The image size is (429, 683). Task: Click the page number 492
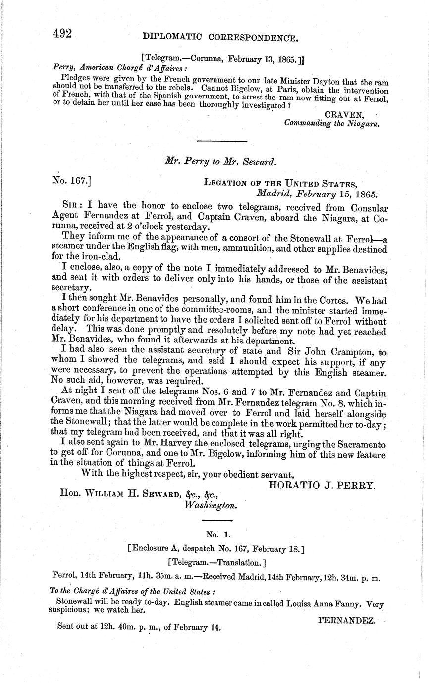click(x=63, y=33)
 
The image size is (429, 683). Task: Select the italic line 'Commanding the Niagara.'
click(x=332, y=124)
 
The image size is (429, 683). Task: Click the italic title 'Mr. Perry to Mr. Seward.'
click(x=220, y=161)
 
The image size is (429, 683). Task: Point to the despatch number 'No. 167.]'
click(x=71, y=181)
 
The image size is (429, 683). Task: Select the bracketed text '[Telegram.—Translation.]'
click(x=217, y=562)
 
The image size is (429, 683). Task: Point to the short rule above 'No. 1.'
click(x=217, y=520)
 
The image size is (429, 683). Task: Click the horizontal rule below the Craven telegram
click(x=222, y=141)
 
